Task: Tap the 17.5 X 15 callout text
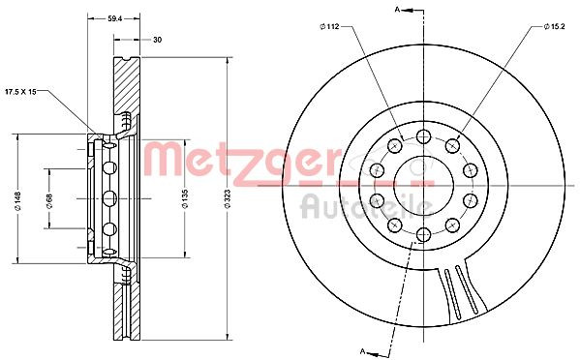[35, 91]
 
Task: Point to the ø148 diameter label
[17, 200]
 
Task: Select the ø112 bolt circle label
[332, 26]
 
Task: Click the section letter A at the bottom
[361, 349]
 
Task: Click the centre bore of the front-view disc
[424, 180]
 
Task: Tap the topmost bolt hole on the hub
[424, 135]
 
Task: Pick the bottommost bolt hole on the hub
[424, 233]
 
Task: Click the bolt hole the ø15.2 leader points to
[452, 145]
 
